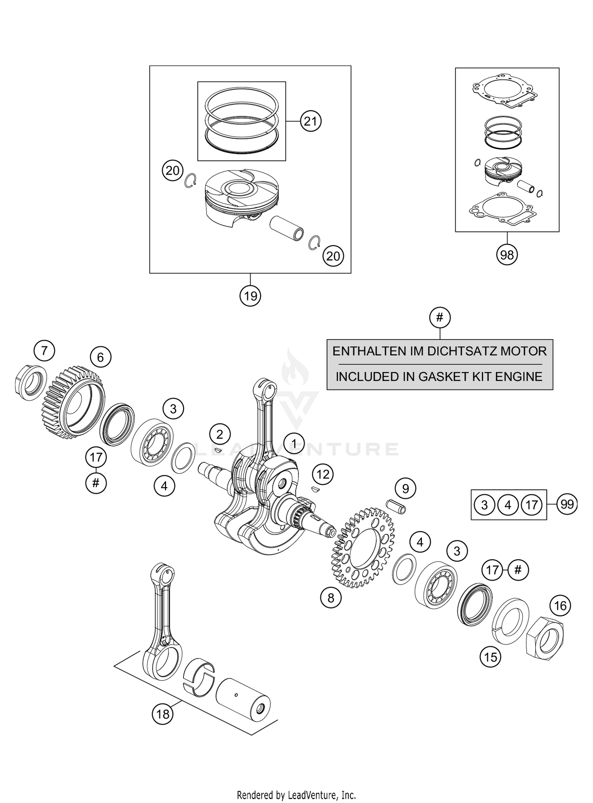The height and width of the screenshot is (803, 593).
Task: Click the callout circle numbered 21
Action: coord(310,121)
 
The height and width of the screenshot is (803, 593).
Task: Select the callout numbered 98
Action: coord(507,254)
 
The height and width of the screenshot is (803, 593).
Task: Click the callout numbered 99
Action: coord(567,504)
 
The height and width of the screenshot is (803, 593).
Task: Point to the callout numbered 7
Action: coord(44,351)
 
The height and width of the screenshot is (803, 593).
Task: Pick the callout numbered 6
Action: coord(100,357)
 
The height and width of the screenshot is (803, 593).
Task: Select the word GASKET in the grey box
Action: coord(440,376)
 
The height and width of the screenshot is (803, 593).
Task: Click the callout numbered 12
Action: coord(323,474)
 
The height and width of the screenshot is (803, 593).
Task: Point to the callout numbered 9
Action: coord(405,489)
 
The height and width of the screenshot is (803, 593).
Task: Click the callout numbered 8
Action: coord(330,598)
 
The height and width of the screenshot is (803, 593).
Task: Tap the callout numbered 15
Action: coord(490,657)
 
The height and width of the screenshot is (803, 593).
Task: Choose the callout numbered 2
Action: coord(220,435)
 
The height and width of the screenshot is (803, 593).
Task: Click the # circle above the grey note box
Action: coord(440,317)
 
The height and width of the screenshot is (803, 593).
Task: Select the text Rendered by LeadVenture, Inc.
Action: coord(296,794)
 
